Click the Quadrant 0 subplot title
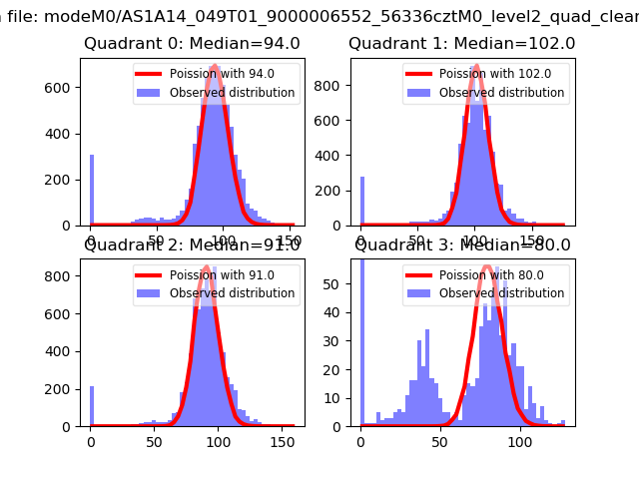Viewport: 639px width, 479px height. [192, 44]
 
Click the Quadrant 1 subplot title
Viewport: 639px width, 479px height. [461, 44]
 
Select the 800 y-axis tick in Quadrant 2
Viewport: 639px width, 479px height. [64, 275]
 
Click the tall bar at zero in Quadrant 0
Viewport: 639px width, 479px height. [91, 190]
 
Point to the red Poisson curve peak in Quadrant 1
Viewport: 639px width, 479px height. [476, 66]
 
